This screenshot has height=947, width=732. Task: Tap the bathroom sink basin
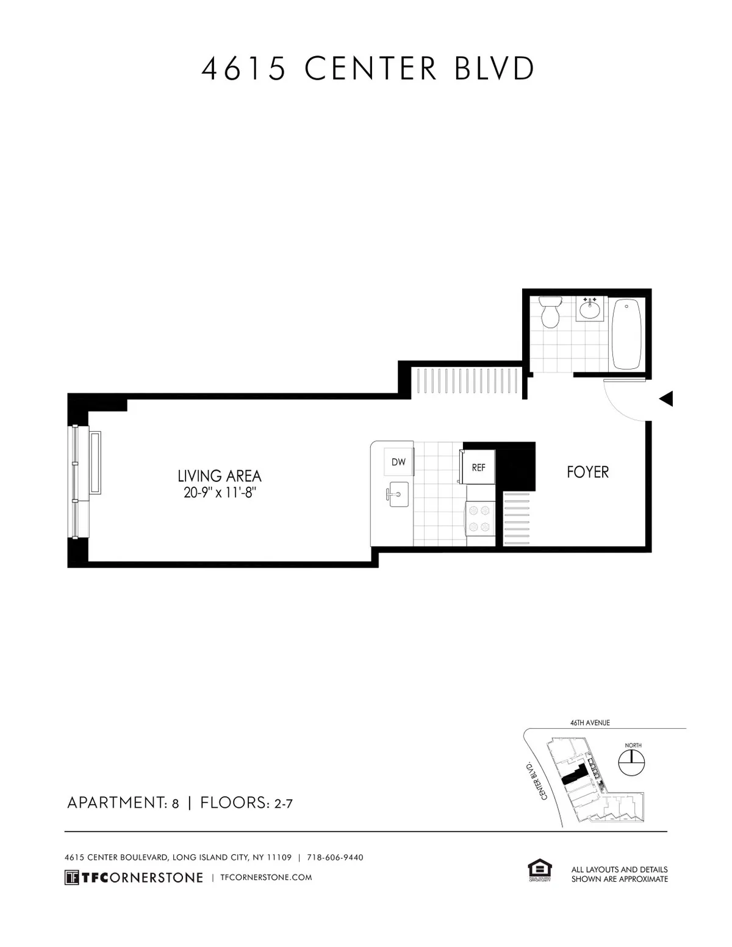tap(589, 310)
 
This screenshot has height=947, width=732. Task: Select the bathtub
tap(626, 334)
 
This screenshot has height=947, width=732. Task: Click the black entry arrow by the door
tap(666, 399)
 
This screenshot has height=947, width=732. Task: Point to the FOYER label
tap(587, 472)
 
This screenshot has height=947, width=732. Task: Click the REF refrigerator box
tap(479, 468)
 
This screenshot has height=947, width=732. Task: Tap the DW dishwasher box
tap(398, 462)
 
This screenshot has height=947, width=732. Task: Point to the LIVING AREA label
tap(220, 476)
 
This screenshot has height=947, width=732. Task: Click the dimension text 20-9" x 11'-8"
tap(219, 493)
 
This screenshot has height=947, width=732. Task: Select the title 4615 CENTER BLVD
tap(367, 68)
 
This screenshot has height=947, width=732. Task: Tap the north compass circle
tap(633, 762)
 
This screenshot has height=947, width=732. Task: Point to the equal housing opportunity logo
tap(539, 871)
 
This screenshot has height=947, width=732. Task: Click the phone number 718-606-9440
tap(335, 857)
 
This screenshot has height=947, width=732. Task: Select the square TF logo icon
tap(72, 877)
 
